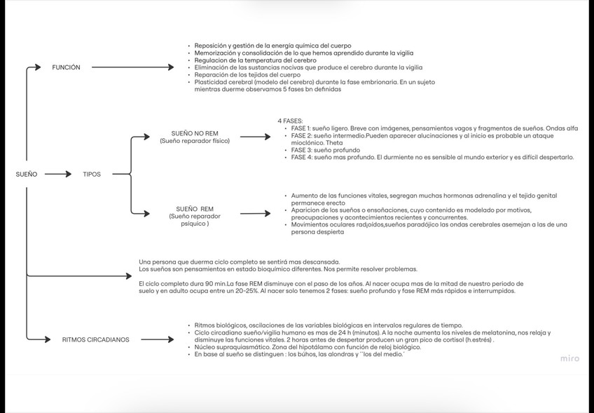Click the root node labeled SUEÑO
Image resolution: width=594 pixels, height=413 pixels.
[27, 174]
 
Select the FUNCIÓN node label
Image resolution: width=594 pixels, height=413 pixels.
[66, 67]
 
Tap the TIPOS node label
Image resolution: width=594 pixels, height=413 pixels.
[91, 174]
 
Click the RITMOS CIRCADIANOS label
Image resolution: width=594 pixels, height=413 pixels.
[95, 339]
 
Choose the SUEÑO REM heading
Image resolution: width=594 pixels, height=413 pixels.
[195, 209]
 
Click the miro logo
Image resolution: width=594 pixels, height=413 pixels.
[569, 359]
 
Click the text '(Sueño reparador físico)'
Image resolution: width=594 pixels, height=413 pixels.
[195, 141]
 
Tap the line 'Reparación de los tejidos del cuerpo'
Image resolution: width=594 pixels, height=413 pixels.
[247, 74]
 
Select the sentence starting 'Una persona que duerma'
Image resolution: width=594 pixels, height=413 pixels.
[240, 262]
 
